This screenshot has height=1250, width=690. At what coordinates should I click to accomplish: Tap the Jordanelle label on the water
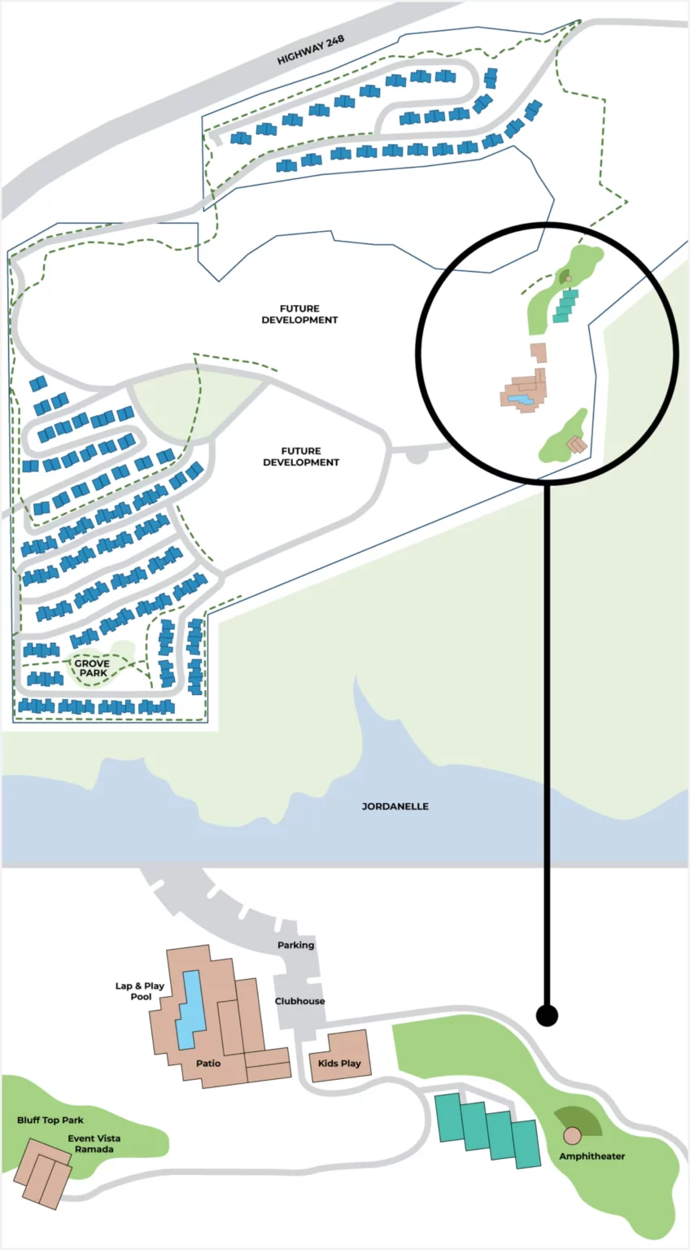pyautogui.click(x=395, y=806)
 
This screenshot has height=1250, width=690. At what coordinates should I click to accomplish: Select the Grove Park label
pyautogui.click(x=92, y=668)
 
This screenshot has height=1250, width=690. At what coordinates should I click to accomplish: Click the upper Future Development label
pyautogui.click(x=299, y=314)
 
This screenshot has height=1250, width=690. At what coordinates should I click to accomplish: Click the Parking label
pyautogui.click(x=295, y=946)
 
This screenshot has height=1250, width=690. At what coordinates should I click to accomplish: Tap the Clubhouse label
pyautogui.click(x=299, y=1001)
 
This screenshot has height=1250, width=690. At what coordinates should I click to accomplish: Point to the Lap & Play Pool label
pyautogui.click(x=140, y=991)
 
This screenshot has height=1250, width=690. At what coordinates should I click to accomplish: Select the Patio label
pyautogui.click(x=208, y=1063)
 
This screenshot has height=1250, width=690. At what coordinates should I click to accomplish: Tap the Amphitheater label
pyautogui.click(x=592, y=1156)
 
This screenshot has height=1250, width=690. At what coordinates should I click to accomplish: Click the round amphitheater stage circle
pyautogui.click(x=572, y=1135)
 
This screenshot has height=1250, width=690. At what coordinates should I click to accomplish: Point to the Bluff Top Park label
pyautogui.click(x=50, y=1121)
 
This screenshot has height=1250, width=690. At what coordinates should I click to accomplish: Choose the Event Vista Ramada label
pyautogui.click(x=94, y=1143)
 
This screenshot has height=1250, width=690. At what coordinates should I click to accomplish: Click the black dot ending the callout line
pyautogui.click(x=547, y=1015)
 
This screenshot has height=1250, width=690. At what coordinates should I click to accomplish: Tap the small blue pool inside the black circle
pyautogui.click(x=522, y=399)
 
